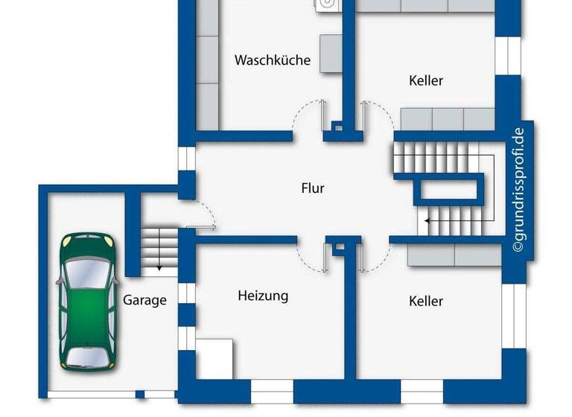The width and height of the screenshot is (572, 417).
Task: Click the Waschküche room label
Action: pyautogui.click(x=272, y=60)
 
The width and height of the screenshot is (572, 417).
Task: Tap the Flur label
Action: pyautogui.click(x=313, y=188)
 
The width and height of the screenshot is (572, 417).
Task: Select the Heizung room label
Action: pyautogui.click(x=263, y=296)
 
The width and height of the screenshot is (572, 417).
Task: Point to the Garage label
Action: pyautogui.click(x=144, y=301)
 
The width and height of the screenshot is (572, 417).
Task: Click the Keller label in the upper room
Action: pyautogui.click(x=426, y=80)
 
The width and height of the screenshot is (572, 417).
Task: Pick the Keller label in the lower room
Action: pyautogui.click(x=426, y=301)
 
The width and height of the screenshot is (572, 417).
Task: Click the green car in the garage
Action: pyautogui.click(x=89, y=301)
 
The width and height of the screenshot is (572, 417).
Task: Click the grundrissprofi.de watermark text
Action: pyautogui.click(x=518, y=191)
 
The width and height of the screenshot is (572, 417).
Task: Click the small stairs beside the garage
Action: pyautogui.click(x=159, y=249)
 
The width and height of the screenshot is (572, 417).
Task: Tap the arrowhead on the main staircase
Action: pyautogui.click(x=427, y=220)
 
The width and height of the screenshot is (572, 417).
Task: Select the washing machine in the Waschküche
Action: pyautogui.click(x=328, y=5)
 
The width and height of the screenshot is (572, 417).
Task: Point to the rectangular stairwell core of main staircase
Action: pyautogui.click(x=448, y=190)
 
